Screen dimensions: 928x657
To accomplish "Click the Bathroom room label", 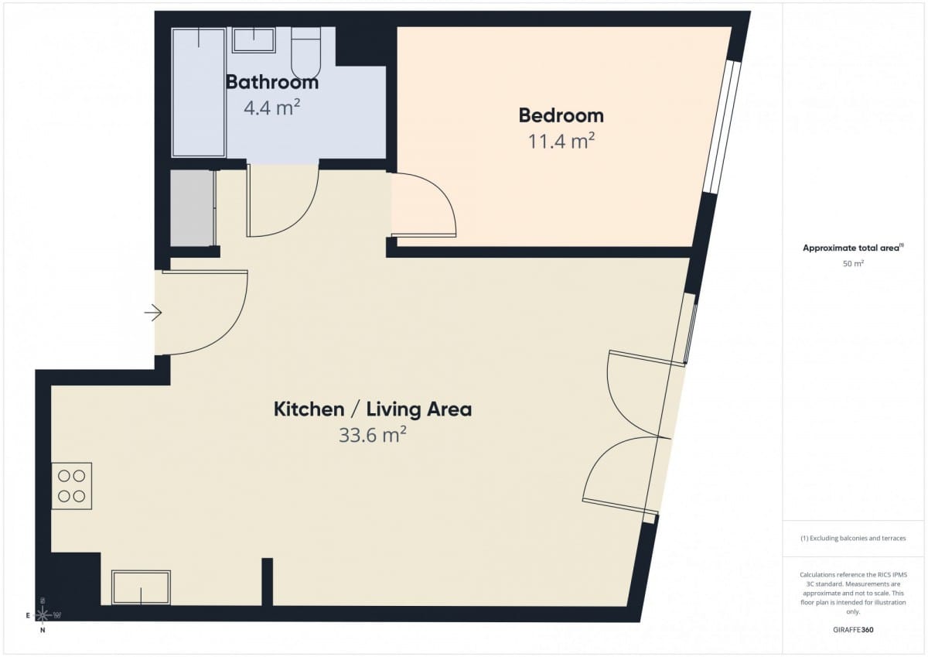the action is pyautogui.click(x=272, y=82).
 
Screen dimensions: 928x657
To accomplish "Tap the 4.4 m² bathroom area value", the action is pyautogui.click(x=271, y=108).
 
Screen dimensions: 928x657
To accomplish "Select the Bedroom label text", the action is pyautogui.click(x=561, y=115).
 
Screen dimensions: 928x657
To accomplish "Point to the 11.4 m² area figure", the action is pyautogui.click(x=561, y=141).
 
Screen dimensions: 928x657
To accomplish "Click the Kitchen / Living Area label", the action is pyautogui.click(x=373, y=409).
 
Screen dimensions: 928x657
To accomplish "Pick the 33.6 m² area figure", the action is pyautogui.click(x=373, y=435).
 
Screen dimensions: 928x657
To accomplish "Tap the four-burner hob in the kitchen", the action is pyautogui.click(x=72, y=486).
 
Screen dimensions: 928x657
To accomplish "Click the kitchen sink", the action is pyautogui.click(x=141, y=587).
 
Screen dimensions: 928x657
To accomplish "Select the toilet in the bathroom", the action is pyautogui.click(x=305, y=53).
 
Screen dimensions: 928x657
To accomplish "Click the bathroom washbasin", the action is pyautogui.click(x=254, y=39).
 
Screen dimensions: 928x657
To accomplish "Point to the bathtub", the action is pyautogui.click(x=199, y=92).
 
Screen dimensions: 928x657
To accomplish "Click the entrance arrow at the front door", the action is pyautogui.click(x=153, y=313).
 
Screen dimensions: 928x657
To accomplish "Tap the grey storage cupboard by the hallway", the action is pyautogui.click(x=193, y=208).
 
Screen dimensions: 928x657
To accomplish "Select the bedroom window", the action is pyautogui.click(x=723, y=127).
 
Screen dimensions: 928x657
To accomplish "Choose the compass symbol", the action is pyautogui.click(x=43, y=615).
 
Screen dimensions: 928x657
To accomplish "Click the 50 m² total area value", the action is pyautogui.click(x=853, y=263).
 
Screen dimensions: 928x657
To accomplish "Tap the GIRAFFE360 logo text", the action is pyautogui.click(x=853, y=630).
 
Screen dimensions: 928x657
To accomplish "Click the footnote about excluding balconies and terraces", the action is pyautogui.click(x=853, y=538).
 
